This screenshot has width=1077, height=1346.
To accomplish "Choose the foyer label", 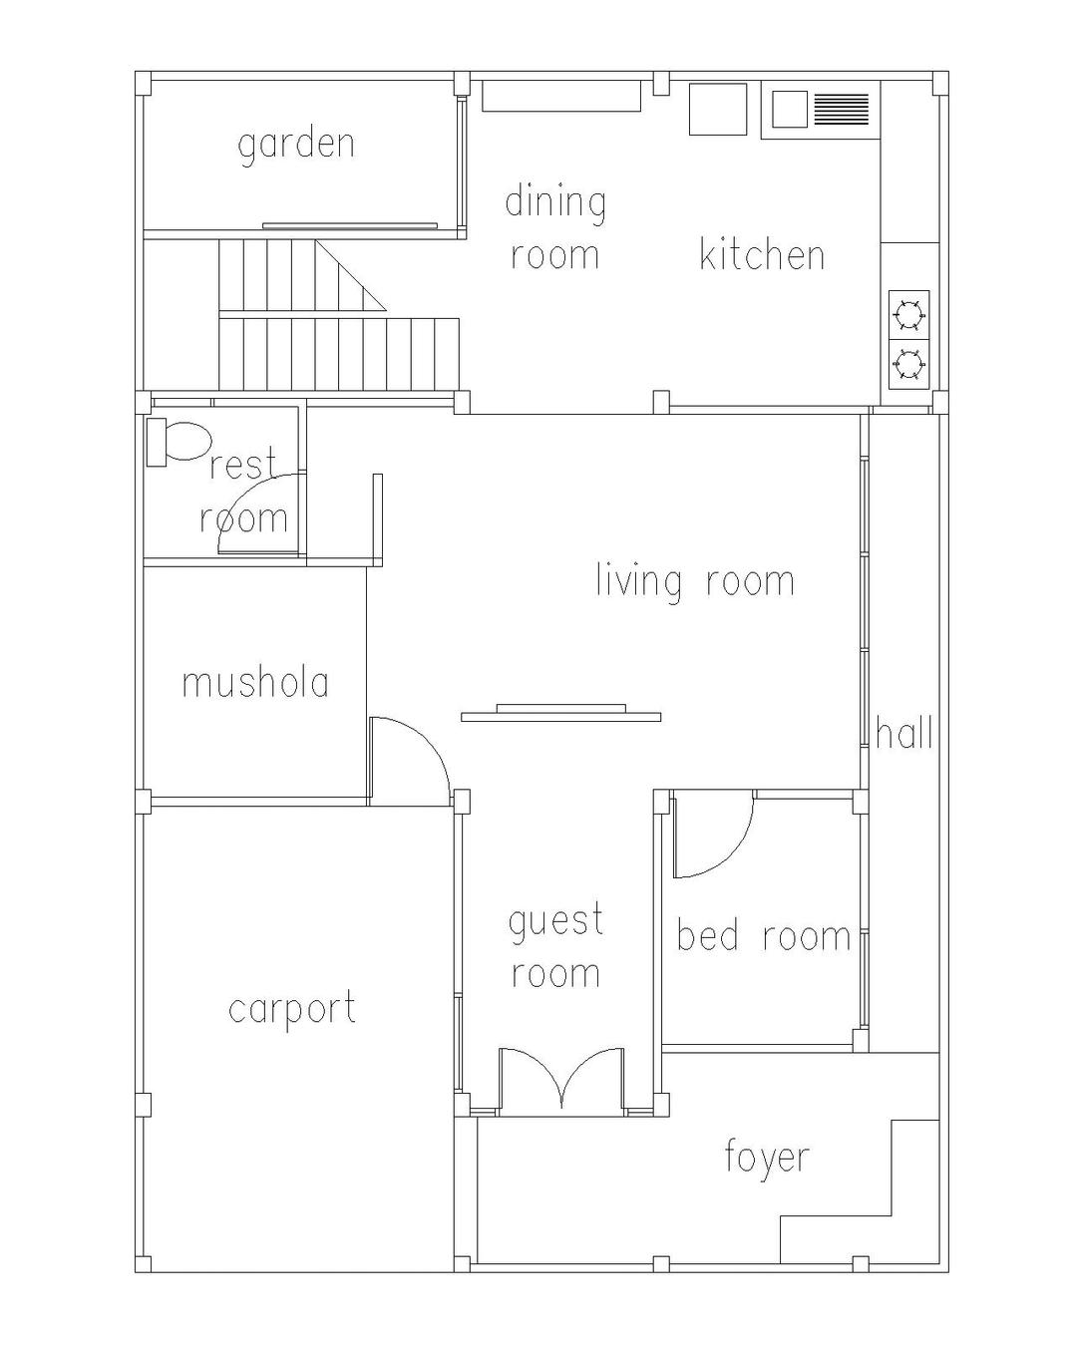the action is pyautogui.click(x=767, y=1159).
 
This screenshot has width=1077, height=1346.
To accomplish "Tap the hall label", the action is pyautogui.click(x=904, y=733).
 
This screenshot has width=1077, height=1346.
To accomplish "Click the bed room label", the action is pyautogui.click(x=764, y=936).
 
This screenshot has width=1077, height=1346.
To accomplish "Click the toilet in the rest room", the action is pyautogui.click(x=177, y=443).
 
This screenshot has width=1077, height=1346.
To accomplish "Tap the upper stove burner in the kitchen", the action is pyautogui.click(x=908, y=315).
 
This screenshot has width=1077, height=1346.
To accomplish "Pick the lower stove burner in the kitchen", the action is pyautogui.click(x=908, y=364).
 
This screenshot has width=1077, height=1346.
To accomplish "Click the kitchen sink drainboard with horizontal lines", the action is pyautogui.click(x=841, y=109).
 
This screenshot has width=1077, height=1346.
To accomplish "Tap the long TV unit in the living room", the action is pyautogui.click(x=560, y=713).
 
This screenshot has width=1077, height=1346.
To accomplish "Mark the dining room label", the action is pyautogui.click(x=555, y=229).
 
